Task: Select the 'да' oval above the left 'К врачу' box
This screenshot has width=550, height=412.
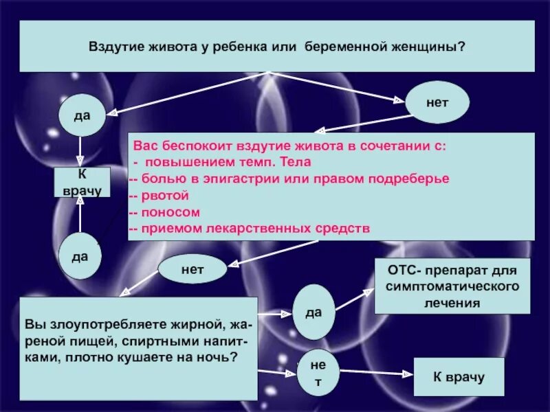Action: [82, 115]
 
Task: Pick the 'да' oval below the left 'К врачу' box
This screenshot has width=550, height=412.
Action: [80, 255]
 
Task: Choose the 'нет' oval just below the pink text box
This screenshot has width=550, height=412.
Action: [192, 268]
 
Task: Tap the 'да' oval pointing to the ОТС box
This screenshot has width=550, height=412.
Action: [314, 312]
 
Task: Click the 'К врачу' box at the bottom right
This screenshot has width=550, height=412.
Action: [459, 376]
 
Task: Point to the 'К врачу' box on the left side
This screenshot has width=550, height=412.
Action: [82, 182]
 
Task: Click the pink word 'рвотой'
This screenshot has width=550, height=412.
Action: [164, 196]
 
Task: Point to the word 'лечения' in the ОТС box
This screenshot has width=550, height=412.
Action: [452, 301]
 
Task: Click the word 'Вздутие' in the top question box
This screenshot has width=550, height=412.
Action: [112, 47]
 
